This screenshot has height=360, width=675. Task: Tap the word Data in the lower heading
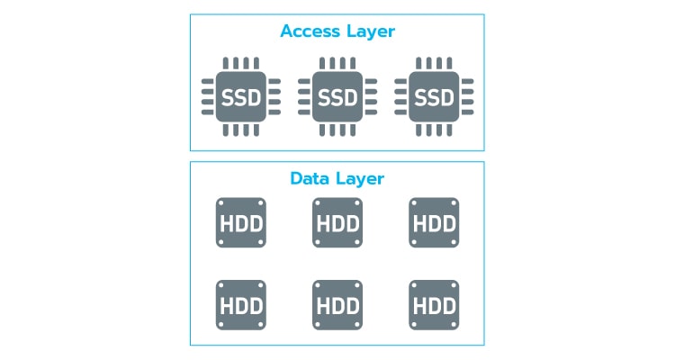tap(308, 178)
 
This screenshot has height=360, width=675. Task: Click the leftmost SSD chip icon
tap(240, 95)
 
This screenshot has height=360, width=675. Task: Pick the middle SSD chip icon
tap(337, 95)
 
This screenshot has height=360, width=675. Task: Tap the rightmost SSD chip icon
tap(434, 95)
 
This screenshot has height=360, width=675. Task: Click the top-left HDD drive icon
tap(240, 222)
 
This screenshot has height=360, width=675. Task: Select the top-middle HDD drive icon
tap(337, 222)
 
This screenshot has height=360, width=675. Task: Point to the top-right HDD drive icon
tap(434, 222)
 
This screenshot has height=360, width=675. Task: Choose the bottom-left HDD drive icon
tap(240, 303)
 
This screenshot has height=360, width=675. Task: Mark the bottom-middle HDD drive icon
tap(337, 303)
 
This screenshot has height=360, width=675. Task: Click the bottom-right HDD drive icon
tap(434, 303)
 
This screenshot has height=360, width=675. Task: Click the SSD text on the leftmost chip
tap(240, 95)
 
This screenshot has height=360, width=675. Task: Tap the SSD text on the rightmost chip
tap(434, 95)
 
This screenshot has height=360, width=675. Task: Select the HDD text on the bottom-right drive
tap(434, 303)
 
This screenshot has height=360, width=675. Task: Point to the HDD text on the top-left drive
tap(240, 222)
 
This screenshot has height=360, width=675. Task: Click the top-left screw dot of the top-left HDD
tap(221, 203)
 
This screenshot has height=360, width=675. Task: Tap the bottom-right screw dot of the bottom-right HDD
tap(453, 322)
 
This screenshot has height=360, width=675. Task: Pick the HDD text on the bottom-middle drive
tap(337, 303)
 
